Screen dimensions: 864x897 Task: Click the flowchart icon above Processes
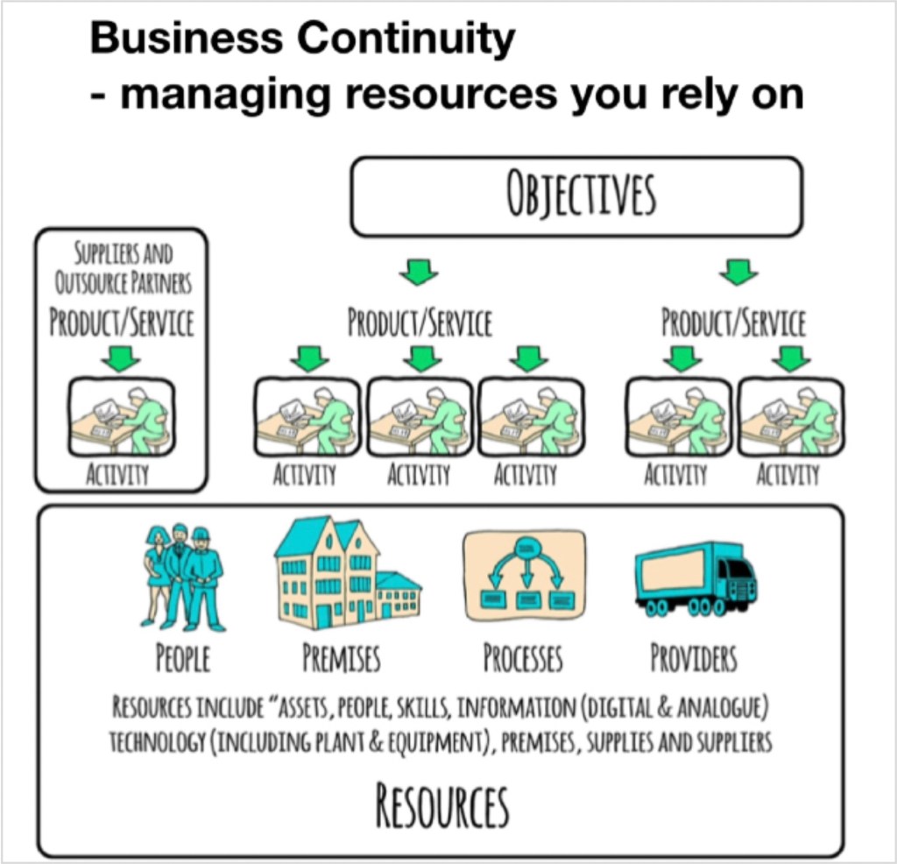pos(524,574)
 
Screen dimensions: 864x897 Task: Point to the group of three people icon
pos(181,577)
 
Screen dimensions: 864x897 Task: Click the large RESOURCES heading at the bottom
pos(442,806)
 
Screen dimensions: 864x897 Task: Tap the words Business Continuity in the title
pos(302,38)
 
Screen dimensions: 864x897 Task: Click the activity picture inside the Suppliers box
pos(121,417)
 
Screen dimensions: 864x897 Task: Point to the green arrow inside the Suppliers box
pos(121,358)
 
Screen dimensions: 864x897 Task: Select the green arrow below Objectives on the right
pos(738,274)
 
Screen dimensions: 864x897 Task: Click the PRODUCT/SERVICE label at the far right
pos(733,323)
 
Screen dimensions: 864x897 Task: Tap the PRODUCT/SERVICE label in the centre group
pos(420,323)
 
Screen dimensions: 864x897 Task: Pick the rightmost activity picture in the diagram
pos(791,417)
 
